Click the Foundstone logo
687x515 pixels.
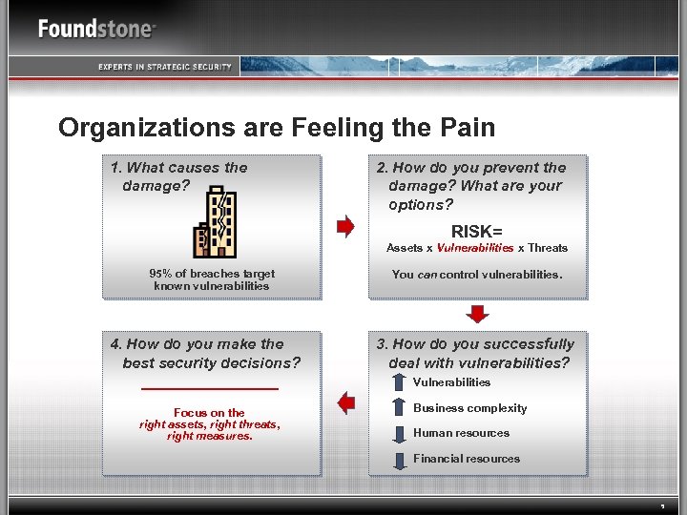(96, 29)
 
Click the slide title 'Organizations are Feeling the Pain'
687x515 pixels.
(277, 128)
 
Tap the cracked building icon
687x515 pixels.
(217, 221)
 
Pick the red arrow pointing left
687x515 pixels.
(345, 403)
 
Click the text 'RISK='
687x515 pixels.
(477, 231)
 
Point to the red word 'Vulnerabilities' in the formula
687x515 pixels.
(475, 248)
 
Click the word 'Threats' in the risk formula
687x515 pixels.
(548, 248)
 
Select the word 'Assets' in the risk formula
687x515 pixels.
(404, 248)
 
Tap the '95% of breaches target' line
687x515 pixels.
(212, 274)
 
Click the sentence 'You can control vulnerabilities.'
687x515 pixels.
(477, 275)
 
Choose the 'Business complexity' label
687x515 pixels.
(469, 408)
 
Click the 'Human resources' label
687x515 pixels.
(461, 433)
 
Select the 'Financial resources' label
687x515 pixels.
(467, 459)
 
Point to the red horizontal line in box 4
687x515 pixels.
(209, 389)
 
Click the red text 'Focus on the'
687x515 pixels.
(209, 413)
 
